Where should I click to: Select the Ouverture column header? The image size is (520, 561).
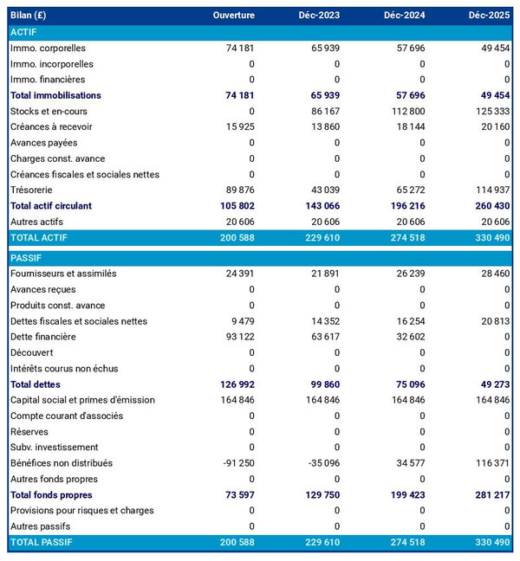pyautogui.click(x=234, y=16)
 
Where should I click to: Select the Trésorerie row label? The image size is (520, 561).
pyautogui.click(x=32, y=190)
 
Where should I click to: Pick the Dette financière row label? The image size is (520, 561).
pyautogui.click(x=43, y=337)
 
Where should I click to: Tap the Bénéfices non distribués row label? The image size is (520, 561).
pyautogui.click(x=61, y=463)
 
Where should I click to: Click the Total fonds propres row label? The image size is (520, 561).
pyautogui.click(x=51, y=494)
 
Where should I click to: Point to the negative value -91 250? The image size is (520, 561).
pyautogui.click(x=237, y=463)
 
